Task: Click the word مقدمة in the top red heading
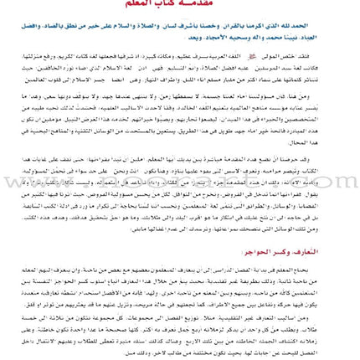pos(208,4)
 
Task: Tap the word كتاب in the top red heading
pos(177,4)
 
